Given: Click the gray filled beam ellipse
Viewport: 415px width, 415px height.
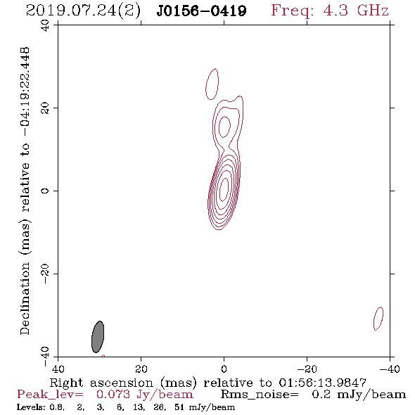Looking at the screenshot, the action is [98, 337].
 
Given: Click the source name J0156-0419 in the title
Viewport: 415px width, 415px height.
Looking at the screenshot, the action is [201, 11].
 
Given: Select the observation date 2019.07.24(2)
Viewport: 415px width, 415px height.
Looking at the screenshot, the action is [83, 11].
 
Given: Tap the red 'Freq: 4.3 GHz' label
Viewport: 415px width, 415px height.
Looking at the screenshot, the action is [330, 11].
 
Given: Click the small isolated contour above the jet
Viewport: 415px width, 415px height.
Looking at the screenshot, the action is [212, 84].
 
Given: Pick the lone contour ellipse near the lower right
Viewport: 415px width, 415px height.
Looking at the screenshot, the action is [378, 319].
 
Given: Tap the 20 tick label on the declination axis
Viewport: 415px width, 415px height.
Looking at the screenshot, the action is [46, 108].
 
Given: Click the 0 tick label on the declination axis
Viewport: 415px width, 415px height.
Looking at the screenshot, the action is [46, 191].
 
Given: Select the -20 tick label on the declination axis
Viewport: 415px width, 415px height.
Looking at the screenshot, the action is [46, 274].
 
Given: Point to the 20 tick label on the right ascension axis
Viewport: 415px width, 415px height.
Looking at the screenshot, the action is [141, 369].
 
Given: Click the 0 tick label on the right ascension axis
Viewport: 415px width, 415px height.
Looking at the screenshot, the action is [224, 369].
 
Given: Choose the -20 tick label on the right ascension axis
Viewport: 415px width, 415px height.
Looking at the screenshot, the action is [307, 369].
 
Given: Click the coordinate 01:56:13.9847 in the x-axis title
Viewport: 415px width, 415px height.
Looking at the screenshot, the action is [322, 383].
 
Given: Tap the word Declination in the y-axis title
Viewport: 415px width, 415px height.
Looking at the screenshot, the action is [25, 299].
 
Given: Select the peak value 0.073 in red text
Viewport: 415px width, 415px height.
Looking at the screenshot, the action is [113, 395].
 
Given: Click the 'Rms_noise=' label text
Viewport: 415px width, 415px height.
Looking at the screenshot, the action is [260, 395].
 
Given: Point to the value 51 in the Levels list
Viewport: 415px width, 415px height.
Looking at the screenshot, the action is [179, 407].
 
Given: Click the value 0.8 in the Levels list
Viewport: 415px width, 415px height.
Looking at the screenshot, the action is [57, 407].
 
